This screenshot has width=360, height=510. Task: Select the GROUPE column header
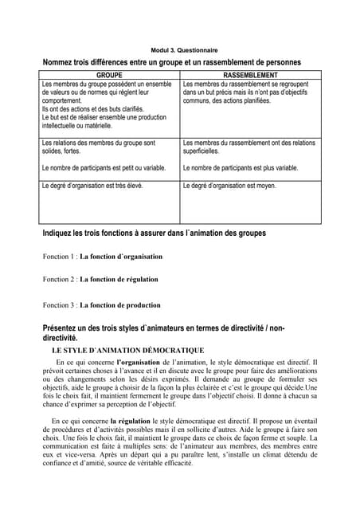click(109, 74)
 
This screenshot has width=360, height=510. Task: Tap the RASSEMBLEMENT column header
click(250, 74)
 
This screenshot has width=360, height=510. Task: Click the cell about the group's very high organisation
click(92, 186)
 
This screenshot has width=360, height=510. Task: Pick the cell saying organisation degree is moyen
click(229, 186)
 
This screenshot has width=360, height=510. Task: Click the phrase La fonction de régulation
click(119, 279)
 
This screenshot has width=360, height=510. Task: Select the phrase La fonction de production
click(119, 304)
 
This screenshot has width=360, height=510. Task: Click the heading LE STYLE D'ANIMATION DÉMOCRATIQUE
click(127, 350)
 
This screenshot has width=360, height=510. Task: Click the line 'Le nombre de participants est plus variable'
click(240, 168)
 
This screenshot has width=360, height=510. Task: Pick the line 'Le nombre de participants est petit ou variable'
click(104, 168)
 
